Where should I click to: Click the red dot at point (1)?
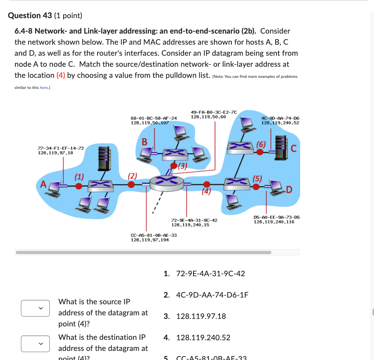point(79,185)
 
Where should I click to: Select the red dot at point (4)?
point(206,184)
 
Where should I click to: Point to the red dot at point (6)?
point(259,151)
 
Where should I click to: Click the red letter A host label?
point(43,184)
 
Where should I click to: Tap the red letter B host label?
point(145,141)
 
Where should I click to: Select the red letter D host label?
point(289,190)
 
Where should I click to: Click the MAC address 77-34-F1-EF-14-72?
point(60,148)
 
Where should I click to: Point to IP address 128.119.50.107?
point(150,123)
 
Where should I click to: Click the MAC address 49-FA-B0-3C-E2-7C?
point(214,112)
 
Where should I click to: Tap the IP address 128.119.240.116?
point(274,222)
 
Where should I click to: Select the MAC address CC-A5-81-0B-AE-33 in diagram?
point(154,235)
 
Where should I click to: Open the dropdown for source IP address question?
point(36,308)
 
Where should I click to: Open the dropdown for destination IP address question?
point(36,343)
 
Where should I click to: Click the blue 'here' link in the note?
point(43,87)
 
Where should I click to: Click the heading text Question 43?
point(30,15)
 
